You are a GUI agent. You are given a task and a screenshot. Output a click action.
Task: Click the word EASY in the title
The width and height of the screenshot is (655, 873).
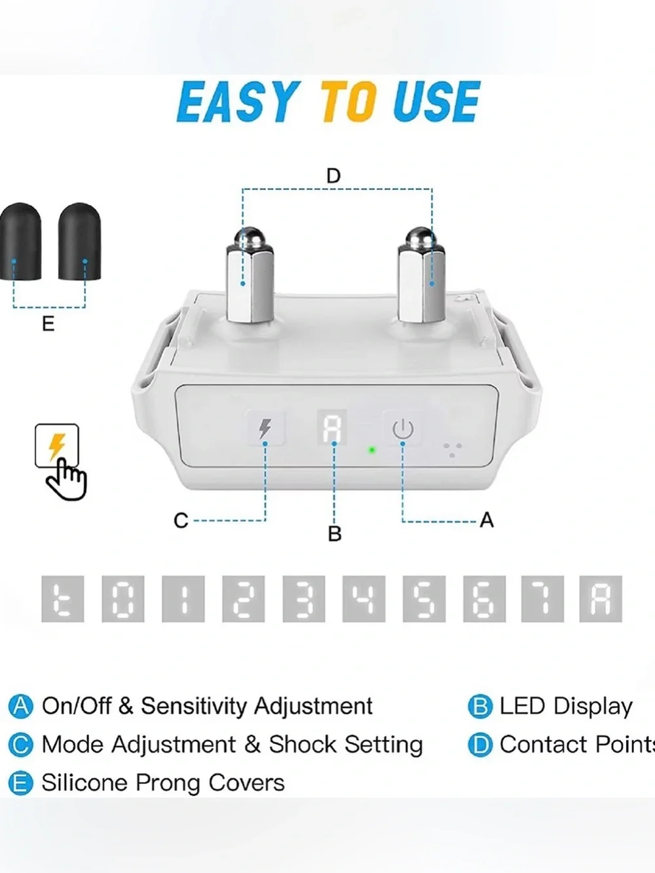[236, 102]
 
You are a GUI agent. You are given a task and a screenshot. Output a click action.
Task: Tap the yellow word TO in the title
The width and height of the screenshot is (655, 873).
[348, 102]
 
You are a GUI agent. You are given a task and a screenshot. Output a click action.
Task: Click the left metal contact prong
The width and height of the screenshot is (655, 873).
[250, 274]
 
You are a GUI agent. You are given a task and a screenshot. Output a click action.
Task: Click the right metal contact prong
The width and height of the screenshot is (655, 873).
[422, 274]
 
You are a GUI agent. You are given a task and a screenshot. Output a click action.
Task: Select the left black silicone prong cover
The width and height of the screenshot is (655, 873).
[20, 242]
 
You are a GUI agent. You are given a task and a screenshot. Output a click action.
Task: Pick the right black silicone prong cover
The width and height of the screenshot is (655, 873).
[79, 242]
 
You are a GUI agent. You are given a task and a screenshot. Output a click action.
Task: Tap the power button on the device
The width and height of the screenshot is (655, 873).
[403, 428]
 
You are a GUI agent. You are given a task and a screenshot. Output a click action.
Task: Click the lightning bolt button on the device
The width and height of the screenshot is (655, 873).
[265, 428]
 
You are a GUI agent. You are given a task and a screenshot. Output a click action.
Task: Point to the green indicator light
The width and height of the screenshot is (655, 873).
[372, 450]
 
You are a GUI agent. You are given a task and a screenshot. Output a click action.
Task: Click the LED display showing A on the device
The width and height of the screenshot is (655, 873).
[331, 427]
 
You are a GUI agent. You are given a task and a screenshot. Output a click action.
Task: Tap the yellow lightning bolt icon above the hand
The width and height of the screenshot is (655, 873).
[56, 447]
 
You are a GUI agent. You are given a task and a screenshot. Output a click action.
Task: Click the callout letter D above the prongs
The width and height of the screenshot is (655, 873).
[333, 176]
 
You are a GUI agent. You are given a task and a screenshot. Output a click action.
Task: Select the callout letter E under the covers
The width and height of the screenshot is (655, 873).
[48, 324]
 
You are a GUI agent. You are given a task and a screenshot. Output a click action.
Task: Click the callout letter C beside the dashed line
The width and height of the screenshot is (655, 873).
[181, 520]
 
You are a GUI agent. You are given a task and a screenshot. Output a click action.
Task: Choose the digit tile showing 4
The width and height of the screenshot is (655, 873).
[364, 599]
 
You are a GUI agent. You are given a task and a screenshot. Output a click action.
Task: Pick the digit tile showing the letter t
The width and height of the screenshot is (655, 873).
[63, 599]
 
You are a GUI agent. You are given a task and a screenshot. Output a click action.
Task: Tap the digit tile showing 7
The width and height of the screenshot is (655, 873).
[543, 599]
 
